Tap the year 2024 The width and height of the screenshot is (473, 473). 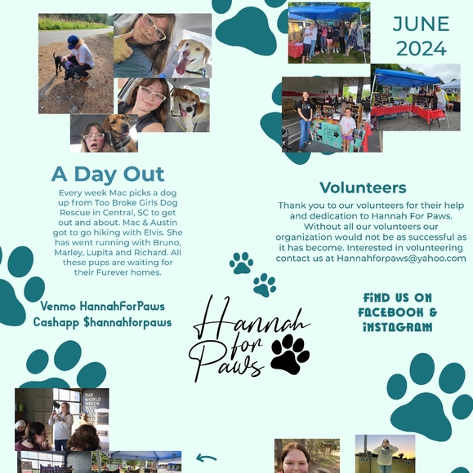coord(421,47)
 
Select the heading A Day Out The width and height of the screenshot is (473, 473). coord(108,174)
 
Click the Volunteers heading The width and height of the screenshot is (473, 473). coord(363,188)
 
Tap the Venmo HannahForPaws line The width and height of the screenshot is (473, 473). coord(102,306)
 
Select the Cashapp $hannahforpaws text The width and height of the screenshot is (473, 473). coord(102,322)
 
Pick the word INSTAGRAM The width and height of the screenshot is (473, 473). coord(397,327)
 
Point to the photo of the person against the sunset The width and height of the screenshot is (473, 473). coord(385,454)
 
